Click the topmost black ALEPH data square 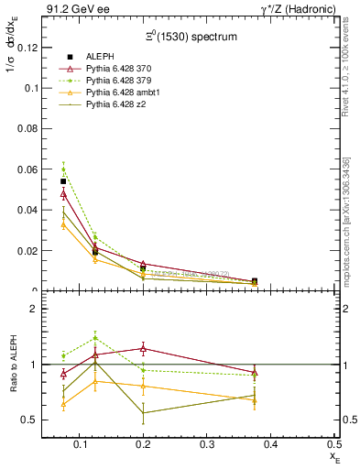coord(63,181)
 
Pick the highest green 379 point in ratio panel coord(95,337)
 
